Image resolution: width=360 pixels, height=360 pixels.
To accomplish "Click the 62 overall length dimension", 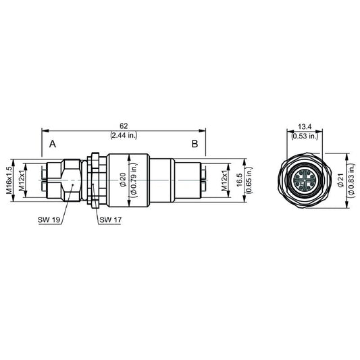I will tap(124, 126).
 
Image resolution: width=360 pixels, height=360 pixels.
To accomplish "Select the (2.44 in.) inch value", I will tap(124, 135).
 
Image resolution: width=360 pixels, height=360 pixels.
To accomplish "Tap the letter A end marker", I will tap(53, 145).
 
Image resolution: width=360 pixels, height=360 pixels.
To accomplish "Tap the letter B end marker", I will tap(194, 145).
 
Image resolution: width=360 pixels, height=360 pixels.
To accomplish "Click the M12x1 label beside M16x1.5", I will tap(20, 180).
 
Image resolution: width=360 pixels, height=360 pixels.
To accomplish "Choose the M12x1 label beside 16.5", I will tap(224, 180).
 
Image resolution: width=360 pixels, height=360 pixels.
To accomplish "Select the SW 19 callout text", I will tap(47, 220).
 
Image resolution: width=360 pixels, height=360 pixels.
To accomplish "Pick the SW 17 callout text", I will tap(110, 220).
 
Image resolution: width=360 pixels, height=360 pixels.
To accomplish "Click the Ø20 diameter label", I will tap(123, 180).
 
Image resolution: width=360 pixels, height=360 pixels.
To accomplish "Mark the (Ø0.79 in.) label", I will tap(133, 180).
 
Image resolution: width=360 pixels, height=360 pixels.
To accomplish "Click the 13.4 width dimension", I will tap(304, 126).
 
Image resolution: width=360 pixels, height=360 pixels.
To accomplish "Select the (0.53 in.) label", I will tap(304, 135).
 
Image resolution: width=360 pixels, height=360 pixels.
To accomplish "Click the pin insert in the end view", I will tap(304, 181).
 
